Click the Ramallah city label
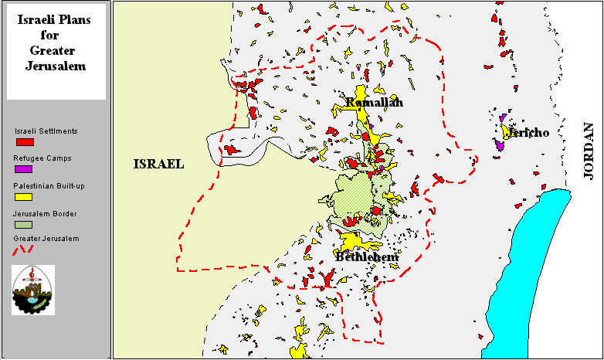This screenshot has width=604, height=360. click(375, 103)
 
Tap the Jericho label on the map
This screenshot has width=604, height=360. click(528, 133)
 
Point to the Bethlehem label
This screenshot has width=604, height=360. click(367, 257)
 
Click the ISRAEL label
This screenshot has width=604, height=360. click(158, 164)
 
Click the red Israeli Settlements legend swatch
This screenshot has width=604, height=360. click(24, 142)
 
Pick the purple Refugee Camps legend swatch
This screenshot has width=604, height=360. click(24, 168)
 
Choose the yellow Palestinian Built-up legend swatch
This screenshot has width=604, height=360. click(24, 196)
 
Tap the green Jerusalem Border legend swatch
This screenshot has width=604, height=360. click(24, 224)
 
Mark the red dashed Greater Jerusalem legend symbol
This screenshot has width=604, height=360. click(24, 250)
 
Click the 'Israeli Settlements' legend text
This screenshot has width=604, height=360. click(46, 131)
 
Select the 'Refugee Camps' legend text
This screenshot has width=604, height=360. click(42, 158)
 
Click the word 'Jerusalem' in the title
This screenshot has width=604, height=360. click(57, 66)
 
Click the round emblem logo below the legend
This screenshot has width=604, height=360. click(33, 289)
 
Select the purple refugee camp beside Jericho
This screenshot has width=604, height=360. click(500, 144)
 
